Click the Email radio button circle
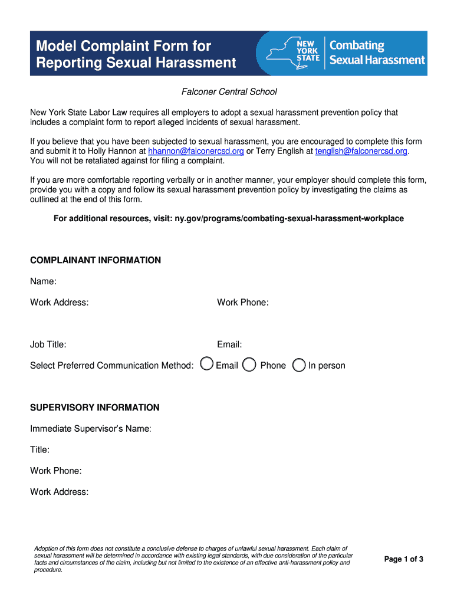pos(207,365)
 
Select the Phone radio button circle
pos(249,365)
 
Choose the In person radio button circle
pos(299,365)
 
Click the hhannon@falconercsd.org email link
pos(196,151)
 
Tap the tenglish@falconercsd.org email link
pos(361,151)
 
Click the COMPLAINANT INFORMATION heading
pos(96,260)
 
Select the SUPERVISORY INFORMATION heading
pos(94,408)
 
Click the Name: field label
pos(43,281)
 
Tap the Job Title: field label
pos(48,344)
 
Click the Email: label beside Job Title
pos(229,344)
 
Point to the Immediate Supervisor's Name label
pos(91,429)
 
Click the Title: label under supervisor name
pos(40,450)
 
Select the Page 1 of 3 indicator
pos(403,559)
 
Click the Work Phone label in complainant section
pos(242,303)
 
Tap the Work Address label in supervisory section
pos(60,492)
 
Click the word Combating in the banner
pos(357,46)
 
